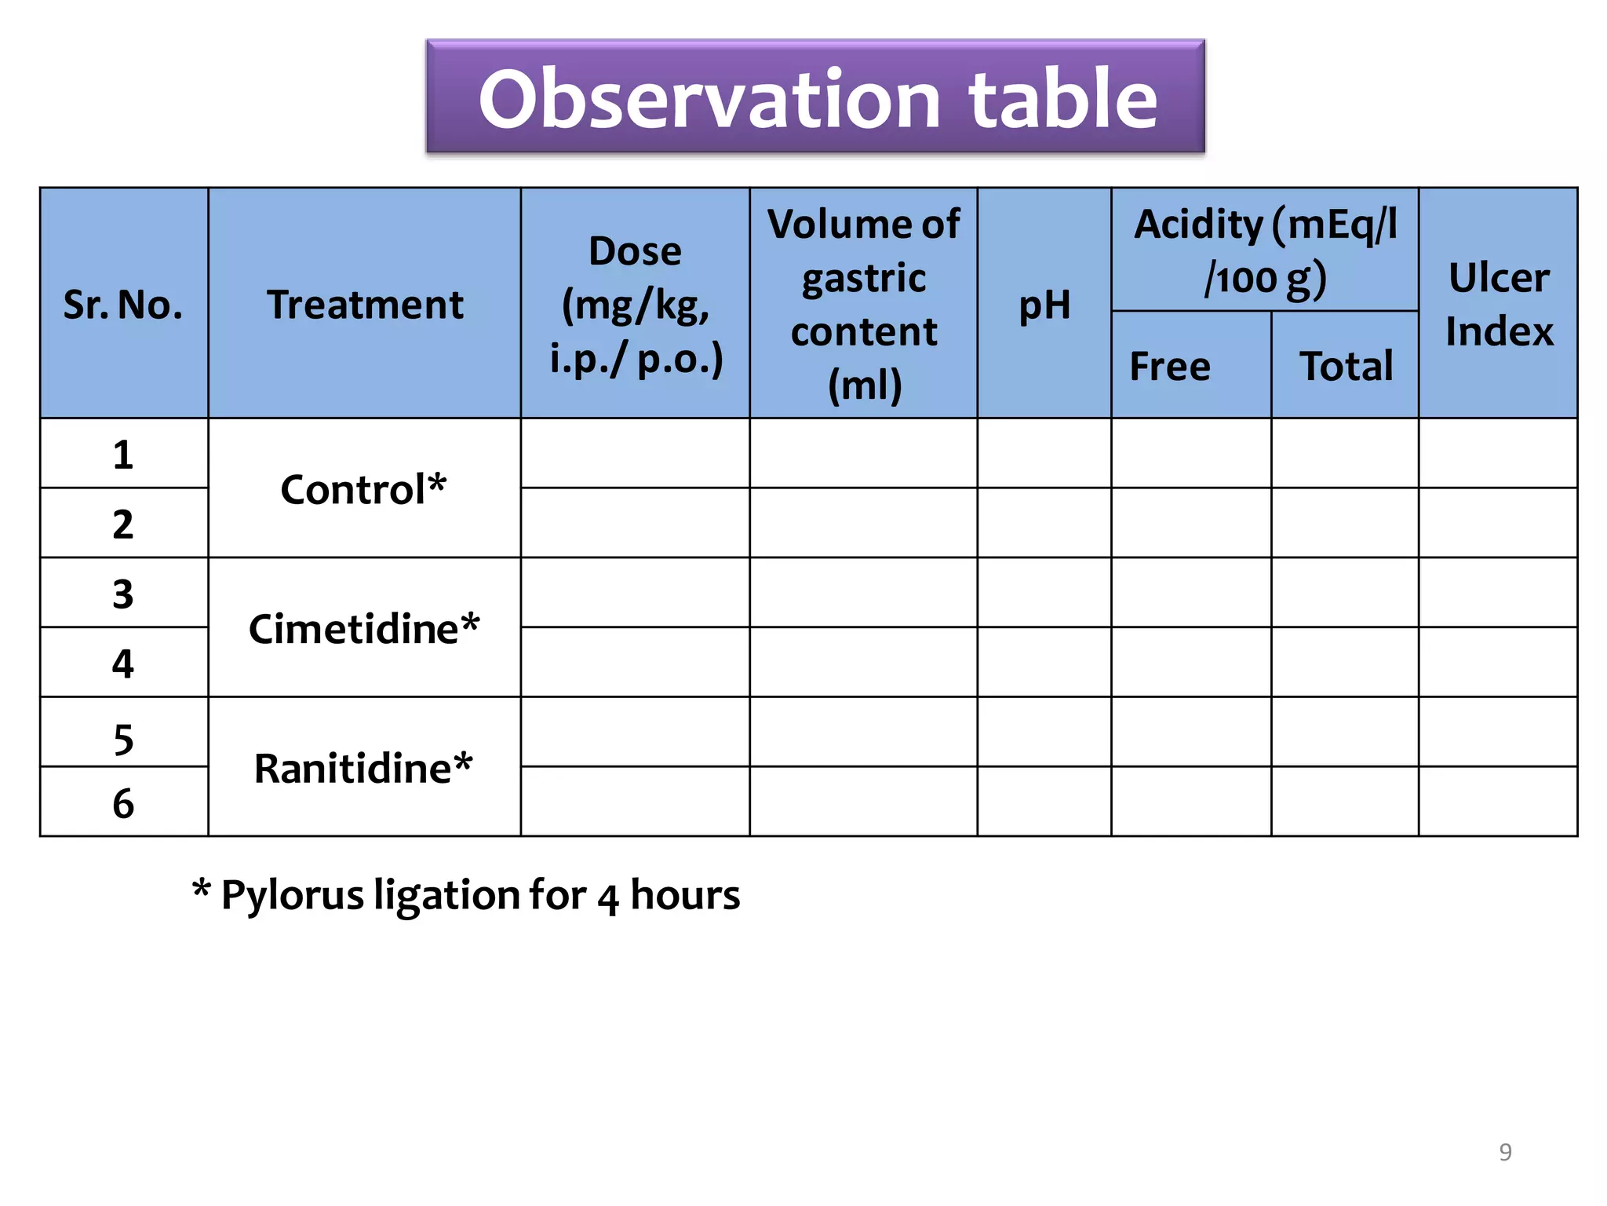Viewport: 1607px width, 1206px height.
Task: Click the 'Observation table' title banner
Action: coord(815,97)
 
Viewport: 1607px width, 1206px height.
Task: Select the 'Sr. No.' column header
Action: coord(123,304)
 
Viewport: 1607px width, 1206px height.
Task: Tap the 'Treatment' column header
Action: coord(365,304)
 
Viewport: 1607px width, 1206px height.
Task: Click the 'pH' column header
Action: coord(1044,304)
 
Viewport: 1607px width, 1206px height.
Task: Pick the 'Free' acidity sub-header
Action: coord(1170,366)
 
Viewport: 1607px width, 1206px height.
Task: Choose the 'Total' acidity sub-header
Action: coord(1346,366)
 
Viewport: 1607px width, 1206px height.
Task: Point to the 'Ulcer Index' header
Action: coord(1499,304)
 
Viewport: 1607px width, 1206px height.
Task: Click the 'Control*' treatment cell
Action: coord(364,488)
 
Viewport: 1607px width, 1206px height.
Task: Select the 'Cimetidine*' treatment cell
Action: coord(364,628)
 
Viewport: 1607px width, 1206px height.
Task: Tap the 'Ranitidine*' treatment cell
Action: coord(364,767)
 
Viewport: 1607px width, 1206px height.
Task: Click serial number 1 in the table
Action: coord(123,455)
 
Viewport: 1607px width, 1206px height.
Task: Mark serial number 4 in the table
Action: coord(123,663)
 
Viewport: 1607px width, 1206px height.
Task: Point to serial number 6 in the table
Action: coord(123,803)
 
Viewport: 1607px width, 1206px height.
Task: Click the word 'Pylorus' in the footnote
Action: coord(292,895)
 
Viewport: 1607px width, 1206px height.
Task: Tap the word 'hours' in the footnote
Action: coord(685,895)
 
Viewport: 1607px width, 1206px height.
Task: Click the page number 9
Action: coord(1505,1152)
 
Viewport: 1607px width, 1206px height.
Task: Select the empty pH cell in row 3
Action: coord(1044,593)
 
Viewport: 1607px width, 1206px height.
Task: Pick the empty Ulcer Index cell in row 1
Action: coord(1498,454)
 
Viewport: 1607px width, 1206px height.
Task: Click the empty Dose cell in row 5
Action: coord(635,732)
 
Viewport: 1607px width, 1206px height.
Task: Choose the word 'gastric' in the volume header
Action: coord(864,278)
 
